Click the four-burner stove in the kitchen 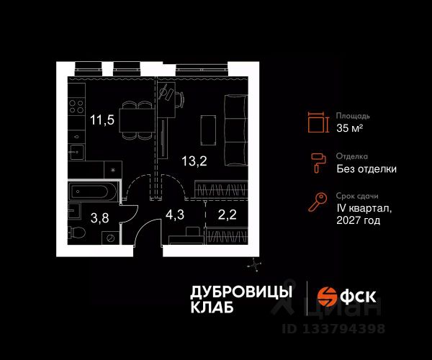(x=76, y=112)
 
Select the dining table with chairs (x=136, y=118)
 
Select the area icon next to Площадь (x=316, y=122)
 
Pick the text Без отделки (x=366, y=169)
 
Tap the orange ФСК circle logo (x=328, y=296)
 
